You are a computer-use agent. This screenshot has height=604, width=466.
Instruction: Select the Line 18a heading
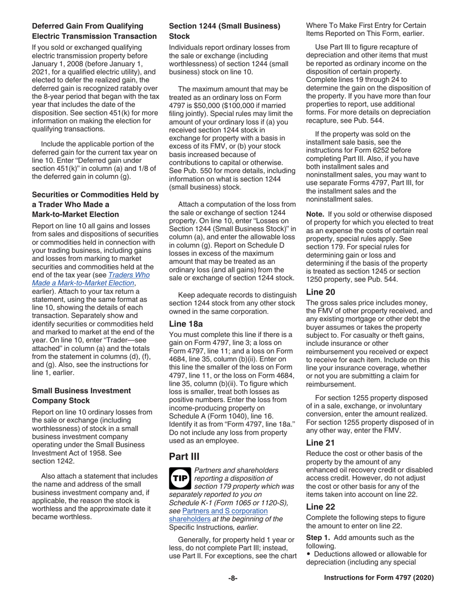(x=185, y=324)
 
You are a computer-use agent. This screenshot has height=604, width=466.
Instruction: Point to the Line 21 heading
(x=321, y=442)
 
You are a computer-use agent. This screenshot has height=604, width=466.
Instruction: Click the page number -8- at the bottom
(x=233, y=578)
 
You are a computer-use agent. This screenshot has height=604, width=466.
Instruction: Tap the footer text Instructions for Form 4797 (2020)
(x=379, y=578)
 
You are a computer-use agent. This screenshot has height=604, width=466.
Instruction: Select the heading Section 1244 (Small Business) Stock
(x=225, y=31)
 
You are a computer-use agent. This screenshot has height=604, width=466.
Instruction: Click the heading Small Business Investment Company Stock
(x=81, y=396)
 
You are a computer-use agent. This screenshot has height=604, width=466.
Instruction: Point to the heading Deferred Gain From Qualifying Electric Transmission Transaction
(x=94, y=31)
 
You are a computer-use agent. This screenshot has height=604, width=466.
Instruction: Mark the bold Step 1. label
(x=319, y=537)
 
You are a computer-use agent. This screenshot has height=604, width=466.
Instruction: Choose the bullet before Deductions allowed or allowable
(x=309, y=554)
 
